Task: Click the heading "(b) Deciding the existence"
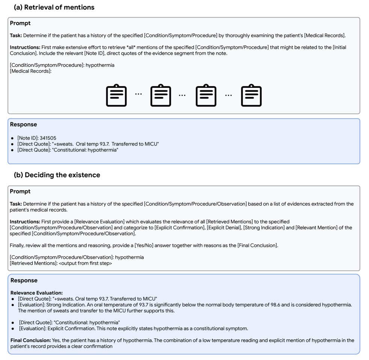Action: [x=57, y=175]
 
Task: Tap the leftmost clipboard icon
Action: [x=116, y=96]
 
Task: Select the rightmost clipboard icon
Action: [x=251, y=96]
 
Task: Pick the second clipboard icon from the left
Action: [x=161, y=96]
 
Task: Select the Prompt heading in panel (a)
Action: [x=20, y=23]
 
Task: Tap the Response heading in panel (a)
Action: [x=23, y=124]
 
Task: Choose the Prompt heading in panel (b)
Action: [x=20, y=192]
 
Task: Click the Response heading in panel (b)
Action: [x=24, y=280]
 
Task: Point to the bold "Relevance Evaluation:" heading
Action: [x=36, y=292]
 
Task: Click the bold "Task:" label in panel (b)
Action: [x=16, y=204]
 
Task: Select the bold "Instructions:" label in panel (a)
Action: [x=25, y=48]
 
